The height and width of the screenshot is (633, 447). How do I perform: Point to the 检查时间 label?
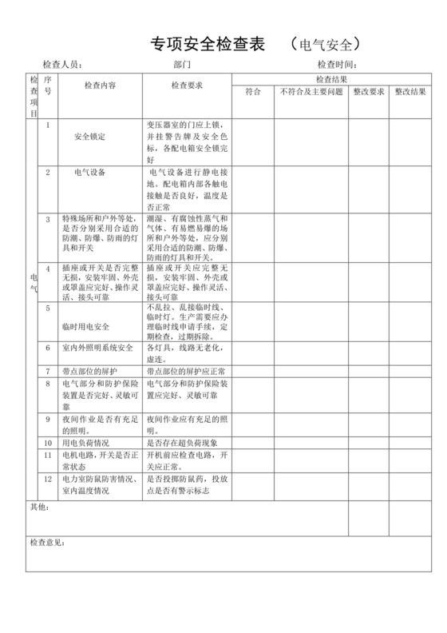pyautogui.click(x=336, y=65)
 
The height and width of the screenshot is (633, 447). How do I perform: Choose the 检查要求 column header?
pyautogui.click(x=187, y=85)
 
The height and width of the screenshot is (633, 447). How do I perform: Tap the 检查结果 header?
pyautogui.click(x=331, y=79)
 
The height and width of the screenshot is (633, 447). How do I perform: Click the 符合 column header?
pyautogui.click(x=253, y=92)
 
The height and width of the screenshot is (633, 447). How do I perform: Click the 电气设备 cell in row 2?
pyautogui.click(x=89, y=172)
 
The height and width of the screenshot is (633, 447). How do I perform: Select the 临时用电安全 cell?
pyautogui.click(x=85, y=327)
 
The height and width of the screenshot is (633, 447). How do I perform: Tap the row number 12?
pyautogui.click(x=48, y=479)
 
